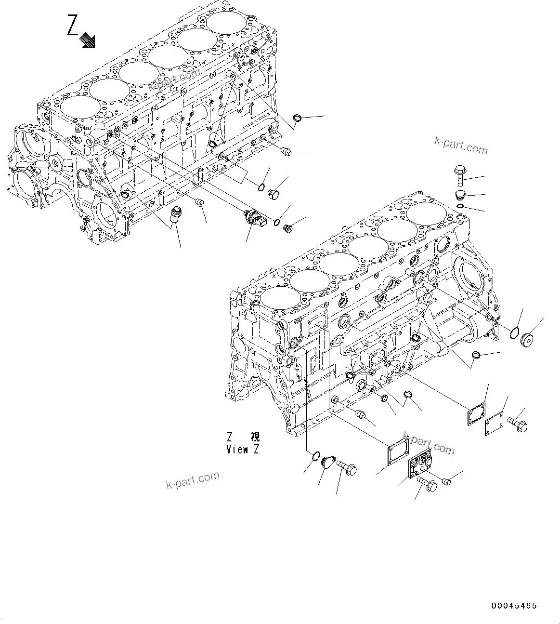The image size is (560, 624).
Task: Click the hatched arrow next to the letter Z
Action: (88, 40)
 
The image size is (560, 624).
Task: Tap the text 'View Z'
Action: (243, 450)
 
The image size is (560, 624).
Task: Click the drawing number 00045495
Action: (514, 606)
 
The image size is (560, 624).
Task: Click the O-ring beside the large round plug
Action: (514, 332)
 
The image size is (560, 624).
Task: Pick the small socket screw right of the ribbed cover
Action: (445, 480)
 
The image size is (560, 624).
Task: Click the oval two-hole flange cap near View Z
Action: (329, 461)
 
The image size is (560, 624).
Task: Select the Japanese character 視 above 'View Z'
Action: (255, 437)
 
